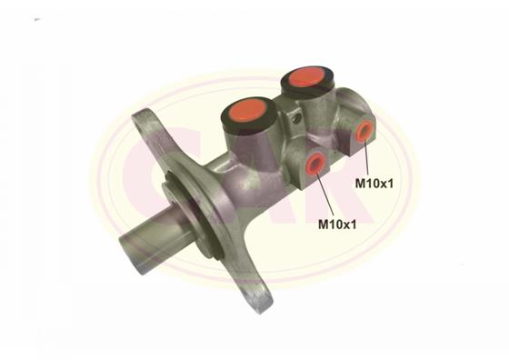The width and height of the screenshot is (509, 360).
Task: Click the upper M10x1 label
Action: click(374, 184)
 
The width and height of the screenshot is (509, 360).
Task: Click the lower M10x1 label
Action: click(337, 225)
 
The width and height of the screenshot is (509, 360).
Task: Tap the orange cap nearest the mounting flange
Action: click(248, 110)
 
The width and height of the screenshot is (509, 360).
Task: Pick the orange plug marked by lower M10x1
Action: click(314, 163)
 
